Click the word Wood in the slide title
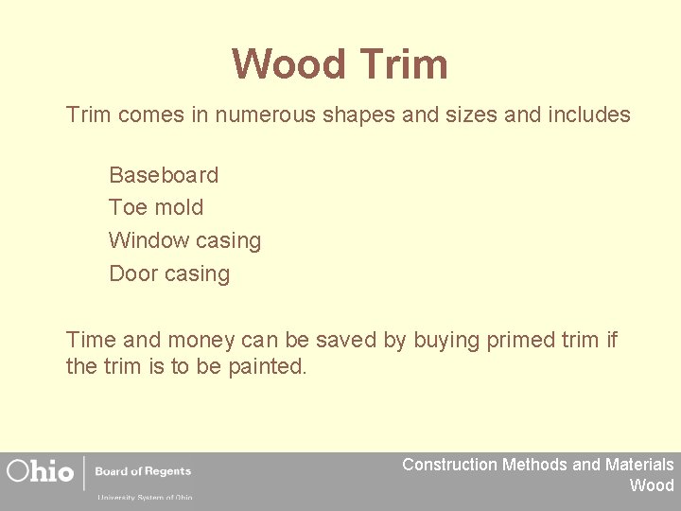point(289,64)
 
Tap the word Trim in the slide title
point(403,64)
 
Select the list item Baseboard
point(164,175)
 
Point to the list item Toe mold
point(156,207)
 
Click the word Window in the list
point(147,240)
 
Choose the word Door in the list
point(133,273)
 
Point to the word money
point(182,340)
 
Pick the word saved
point(348,340)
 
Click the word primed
point(519,340)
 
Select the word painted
point(268,366)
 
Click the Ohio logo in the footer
point(40,471)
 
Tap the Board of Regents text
point(143,471)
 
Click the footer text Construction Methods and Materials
point(537,465)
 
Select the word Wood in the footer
point(652,485)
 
